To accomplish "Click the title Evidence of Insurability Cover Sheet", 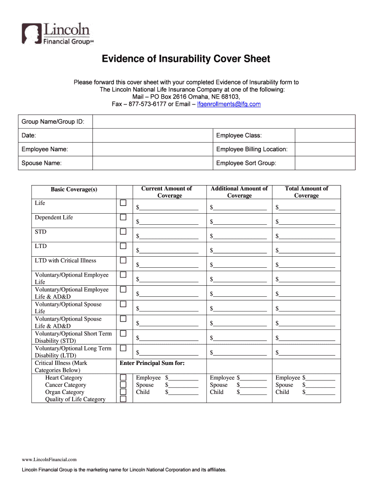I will [x=186, y=59].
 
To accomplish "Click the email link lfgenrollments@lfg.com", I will [x=229, y=104].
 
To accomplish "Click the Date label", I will [x=29, y=135].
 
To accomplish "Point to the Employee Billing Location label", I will [x=252, y=149].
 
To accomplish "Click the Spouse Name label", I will [x=42, y=163].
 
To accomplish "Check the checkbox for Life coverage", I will [x=123, y=203].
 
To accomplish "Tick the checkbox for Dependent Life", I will [x=123, y=217].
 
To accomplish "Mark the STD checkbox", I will [x=123, y=232].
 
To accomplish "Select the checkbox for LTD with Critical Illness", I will [x=123, y=261].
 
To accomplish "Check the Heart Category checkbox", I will [x=123, y=378].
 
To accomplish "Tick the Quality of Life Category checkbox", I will [x=123, y=399].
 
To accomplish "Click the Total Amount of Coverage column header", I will [x=306, y=192].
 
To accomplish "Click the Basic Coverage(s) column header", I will [x=74, y=189].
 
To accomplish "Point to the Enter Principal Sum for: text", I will [x=152, y=363].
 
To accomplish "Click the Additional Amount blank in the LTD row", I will [x=240, y=250].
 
